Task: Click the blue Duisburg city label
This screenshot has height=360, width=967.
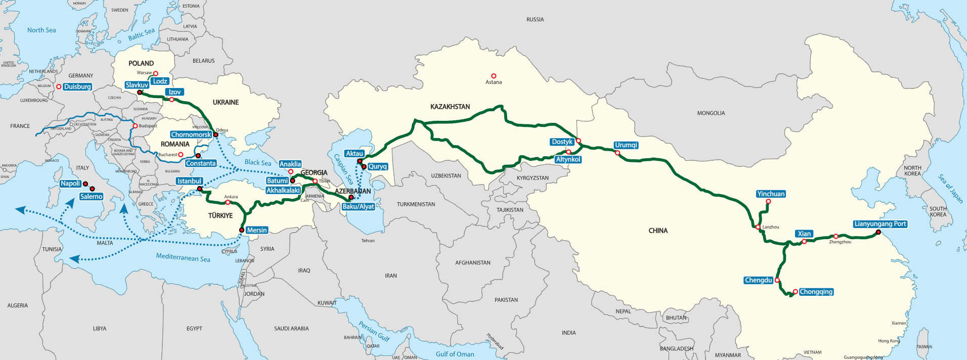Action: pyautogui.click(x=77, y=86)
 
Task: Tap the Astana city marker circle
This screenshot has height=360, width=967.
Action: pyautogui.click(x=494, y=76)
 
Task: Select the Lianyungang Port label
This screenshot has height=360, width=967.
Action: pyautogui.click(x=880, y=224)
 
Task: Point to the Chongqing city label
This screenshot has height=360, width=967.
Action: pyautogui.click(x=816, y=292)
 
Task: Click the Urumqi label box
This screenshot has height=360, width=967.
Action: pyautogui.click(x=626, y=145)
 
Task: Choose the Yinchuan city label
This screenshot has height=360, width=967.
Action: pyautogui.click(x=771, y=194)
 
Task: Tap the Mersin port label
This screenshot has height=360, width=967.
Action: pyautogui.click(x=256, y=230)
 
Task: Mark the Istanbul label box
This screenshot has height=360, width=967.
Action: pyautogui.click(x=190, y=181)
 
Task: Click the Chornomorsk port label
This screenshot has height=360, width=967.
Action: pyautogui.click(x=191, y=134)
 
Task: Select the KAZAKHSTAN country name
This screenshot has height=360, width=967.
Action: pyautogui.click(x=450, y=107)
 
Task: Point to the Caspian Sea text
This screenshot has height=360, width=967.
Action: pyautogui.click(x=343, y=169)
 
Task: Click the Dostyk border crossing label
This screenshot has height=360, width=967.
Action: pyautogui.click(x=562, y=142)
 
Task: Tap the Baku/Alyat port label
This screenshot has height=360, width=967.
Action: pyautogui.click(x=358, y=206)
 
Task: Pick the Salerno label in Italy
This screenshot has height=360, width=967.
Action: pyautogui.click(x=91, y=197)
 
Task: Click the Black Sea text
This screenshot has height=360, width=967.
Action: pyautogui.click(x=257, y=162)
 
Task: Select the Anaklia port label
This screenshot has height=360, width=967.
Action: pyautogui.click(x=290, y=164)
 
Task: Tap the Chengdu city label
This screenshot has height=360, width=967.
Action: pyautogui.click(x=758, y=280)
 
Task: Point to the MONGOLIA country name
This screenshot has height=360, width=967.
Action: pyautogui.click(x=711, y=113)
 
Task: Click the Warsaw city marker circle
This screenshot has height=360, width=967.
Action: pyautogui.click(x=156, y=73)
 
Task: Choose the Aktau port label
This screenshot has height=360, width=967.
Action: pyautogui.click(x=354, y=153)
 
